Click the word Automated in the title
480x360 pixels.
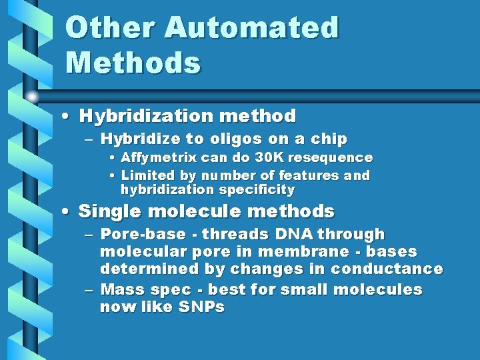point(251,28)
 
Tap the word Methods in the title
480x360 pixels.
point(133,63)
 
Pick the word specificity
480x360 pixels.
point(258,190)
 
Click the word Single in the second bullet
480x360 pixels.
point(106,212)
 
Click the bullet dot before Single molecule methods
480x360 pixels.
point(65,213)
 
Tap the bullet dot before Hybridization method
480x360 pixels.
point(65,117)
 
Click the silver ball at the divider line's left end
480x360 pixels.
point(32,96)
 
